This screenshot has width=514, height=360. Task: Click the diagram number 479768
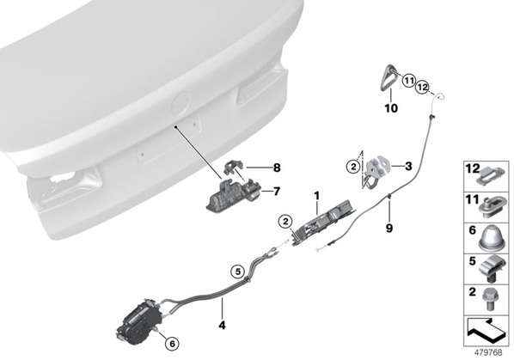tap(488, 352)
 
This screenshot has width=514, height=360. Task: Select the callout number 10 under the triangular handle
tap(391, 107)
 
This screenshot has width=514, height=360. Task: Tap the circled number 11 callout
tap(408, 80)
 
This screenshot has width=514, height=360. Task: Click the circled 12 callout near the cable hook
tap(423, 88)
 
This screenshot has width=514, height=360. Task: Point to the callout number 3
tap(408, 166)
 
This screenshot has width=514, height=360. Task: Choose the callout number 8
tap(277, 168)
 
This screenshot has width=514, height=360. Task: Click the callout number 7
tap(277, 191)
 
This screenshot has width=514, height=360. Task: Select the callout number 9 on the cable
tap(389, 229)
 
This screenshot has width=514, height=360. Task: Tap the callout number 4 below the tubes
tap(222, 326)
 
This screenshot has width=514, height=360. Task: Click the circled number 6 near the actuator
tap(172, 344)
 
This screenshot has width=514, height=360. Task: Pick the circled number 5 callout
tap(237, 272)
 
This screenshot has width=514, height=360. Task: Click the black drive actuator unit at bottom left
tap(139, 321)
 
